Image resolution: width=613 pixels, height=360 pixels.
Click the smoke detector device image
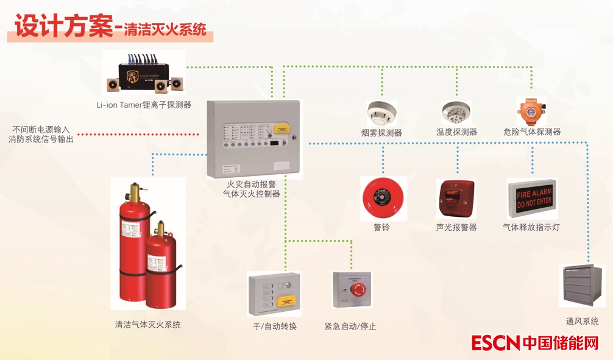382,113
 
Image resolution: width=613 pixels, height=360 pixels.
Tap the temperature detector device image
456,113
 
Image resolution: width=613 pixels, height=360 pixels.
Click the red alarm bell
383,199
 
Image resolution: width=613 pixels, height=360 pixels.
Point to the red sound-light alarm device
456,199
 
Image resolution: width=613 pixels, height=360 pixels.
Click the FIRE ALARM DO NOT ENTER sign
532,199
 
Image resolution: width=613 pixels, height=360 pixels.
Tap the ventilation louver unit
581,286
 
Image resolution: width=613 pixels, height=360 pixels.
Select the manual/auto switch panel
275,293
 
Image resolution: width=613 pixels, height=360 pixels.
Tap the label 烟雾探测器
381,132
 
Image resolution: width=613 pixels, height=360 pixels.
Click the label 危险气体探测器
532,132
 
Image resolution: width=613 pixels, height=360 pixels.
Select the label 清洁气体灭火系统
147,325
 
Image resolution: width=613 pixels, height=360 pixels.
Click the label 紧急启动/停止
350,326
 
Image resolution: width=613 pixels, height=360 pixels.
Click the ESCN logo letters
495,342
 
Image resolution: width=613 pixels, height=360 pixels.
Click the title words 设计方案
63,28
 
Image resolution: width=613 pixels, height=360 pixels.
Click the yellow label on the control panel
281,129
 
